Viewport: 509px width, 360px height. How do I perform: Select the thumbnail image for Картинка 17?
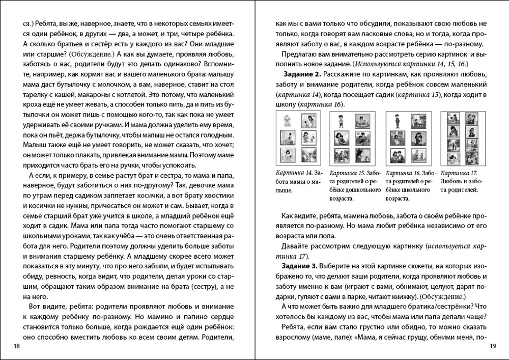click(x=460, y=136)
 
